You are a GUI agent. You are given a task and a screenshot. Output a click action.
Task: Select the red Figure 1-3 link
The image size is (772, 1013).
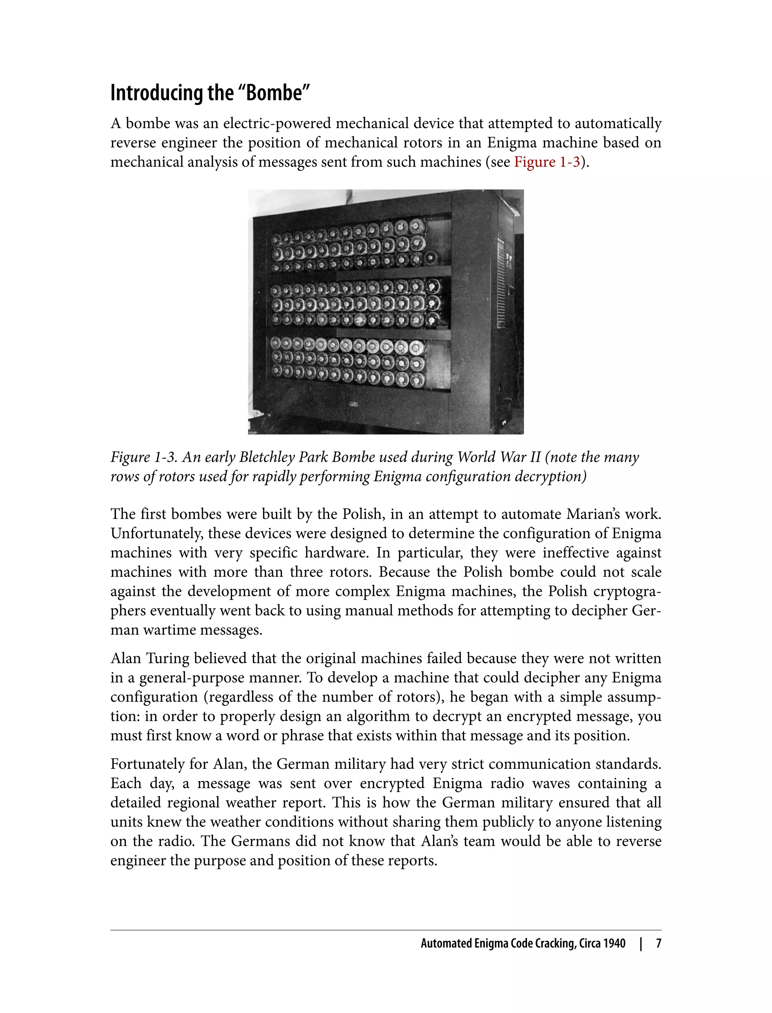point(547,162)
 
